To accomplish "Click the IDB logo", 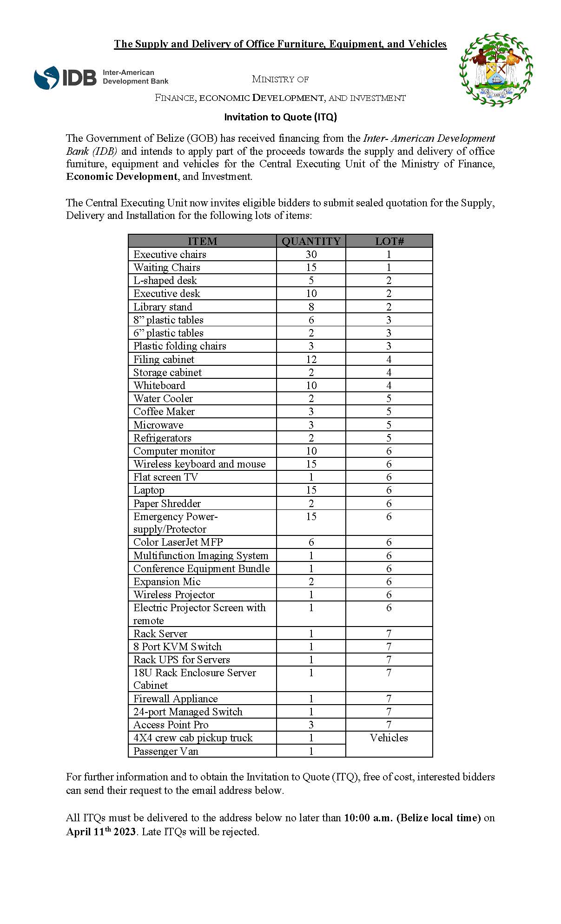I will coord(101,78).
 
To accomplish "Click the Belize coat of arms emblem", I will coord(496,70).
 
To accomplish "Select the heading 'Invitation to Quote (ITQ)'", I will coord(280,117).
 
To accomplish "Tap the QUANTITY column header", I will coord(311,241).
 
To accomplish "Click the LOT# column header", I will coord(389,241).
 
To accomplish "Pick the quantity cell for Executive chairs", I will coord(311,254).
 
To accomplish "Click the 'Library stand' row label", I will coord(163,307).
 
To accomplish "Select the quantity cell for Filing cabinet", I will coord(311,359).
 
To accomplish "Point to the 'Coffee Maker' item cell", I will coord(164,412).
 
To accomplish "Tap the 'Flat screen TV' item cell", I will coord(165,477).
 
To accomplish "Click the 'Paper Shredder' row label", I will coord(167,503).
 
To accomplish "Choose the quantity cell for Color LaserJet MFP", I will coord(311,542).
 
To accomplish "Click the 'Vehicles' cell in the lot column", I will coord(389,738).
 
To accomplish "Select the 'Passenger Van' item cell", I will coord(165,751).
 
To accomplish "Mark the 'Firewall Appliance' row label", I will coord(175,699).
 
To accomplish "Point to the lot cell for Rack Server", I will coord(389,634).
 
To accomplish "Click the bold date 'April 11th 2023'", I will coord(101,832).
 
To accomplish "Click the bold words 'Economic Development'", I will coord(122,177).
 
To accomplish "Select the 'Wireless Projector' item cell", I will coord(174,595).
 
